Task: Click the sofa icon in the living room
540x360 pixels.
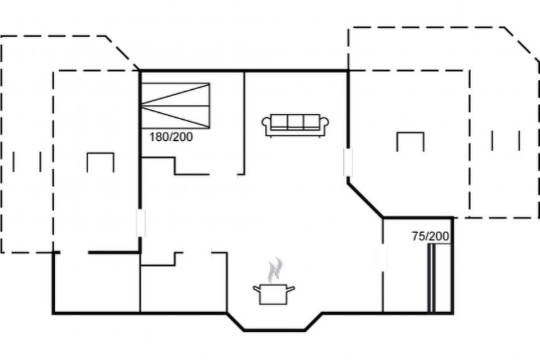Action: tap(295, 126)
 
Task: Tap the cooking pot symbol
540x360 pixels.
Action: tap(273, 294)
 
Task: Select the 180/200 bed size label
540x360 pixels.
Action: tap(171, 137)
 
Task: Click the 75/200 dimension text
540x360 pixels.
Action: tap(430, 236)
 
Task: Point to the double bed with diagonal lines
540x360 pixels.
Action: tap(175, 106)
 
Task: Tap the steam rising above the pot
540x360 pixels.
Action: tap(275, 270)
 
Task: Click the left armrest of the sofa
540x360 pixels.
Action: tap(266, 126)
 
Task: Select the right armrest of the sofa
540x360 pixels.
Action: tap(324, 126)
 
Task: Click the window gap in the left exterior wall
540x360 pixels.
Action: tap(140, 223)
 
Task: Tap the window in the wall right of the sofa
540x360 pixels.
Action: tap(348, 162)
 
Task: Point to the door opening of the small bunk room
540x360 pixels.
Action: tap(383, 257)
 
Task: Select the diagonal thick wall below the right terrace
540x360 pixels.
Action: tap(366, 200)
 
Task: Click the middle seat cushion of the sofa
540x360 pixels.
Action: tap(295, 122)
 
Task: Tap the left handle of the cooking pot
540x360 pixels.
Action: tap(257, 289)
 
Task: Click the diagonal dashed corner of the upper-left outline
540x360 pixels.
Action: tap(123, 53)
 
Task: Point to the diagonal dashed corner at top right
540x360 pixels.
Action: tap(522, 44)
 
